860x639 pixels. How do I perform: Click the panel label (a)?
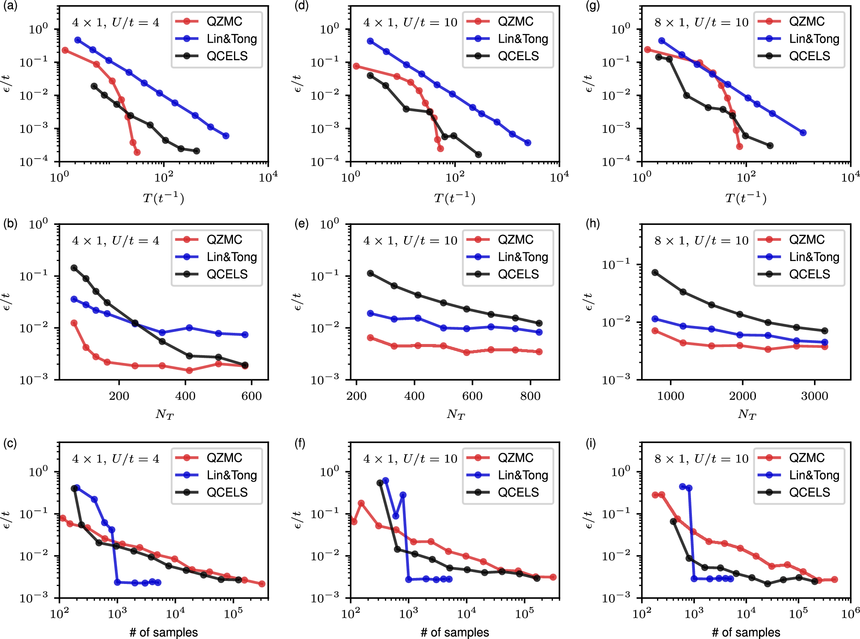click(x=10, y=6)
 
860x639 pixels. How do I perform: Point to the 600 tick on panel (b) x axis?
click(x=252, y=396)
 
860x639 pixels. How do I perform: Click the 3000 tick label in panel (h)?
click(x=814, y=396)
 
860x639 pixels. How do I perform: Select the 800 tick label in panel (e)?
click(x=530, y=396)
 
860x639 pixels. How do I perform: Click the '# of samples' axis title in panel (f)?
click(x=455, y=632)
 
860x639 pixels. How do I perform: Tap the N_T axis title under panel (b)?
click(x=164, y=414)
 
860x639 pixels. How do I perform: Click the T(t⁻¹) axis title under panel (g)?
click(x=746, y=198)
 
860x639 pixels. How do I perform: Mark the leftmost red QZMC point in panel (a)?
click(x=65, y=50)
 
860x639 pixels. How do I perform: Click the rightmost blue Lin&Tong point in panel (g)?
click(x=803, y=132)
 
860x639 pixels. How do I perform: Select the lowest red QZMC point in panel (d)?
click(x=440, y=148)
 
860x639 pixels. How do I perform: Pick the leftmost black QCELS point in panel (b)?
click(x=74, y=268)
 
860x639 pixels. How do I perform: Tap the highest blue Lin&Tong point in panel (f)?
click(x=386, y=480)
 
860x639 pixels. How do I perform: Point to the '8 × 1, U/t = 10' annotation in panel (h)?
click(x=701, y=240)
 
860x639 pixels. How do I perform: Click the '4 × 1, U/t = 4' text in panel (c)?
click(x=116, y=459)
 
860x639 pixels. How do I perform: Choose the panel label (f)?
click(x=300, y=443)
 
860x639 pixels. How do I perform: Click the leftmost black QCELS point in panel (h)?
click(x=655, y=272)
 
